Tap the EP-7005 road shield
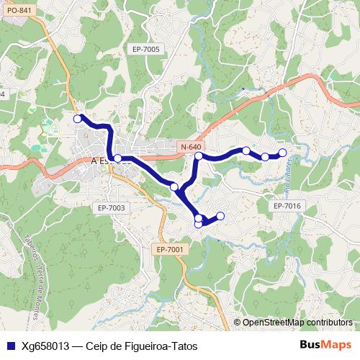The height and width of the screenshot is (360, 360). pyautogui.click(x=146, y=49)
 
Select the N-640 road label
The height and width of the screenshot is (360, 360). pyautogui.click(x=192, y=147)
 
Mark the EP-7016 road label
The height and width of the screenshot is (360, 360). pyautogui.click(x=287, y=206)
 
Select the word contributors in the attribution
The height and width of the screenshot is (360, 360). pyautogui.click(x=328, y=323)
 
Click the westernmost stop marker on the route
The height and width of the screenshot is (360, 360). pyautogui.click(x=77, y=118)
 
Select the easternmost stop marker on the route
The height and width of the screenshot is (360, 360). pyautogui.click(x=282, y=152)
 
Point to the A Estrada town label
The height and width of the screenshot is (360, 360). pyautogui.click(x=104, y=161)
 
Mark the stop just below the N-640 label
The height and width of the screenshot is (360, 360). pyautogui.click(x=198, y=156)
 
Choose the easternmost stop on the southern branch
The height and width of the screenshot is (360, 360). pyautogui.click(x=220, y=216)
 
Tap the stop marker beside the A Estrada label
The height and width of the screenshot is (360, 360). pyautogui.click(x=117, y=157)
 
